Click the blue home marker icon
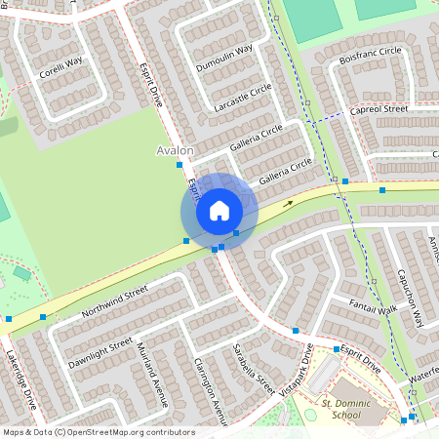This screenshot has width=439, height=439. [x=219, y=210]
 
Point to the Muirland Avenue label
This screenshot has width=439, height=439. [x=152, y=376]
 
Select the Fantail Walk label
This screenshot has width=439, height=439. [x=374, y=311]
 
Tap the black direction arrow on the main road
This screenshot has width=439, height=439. [x=288, y=204]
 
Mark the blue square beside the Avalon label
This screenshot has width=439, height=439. [x=179, y=165]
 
